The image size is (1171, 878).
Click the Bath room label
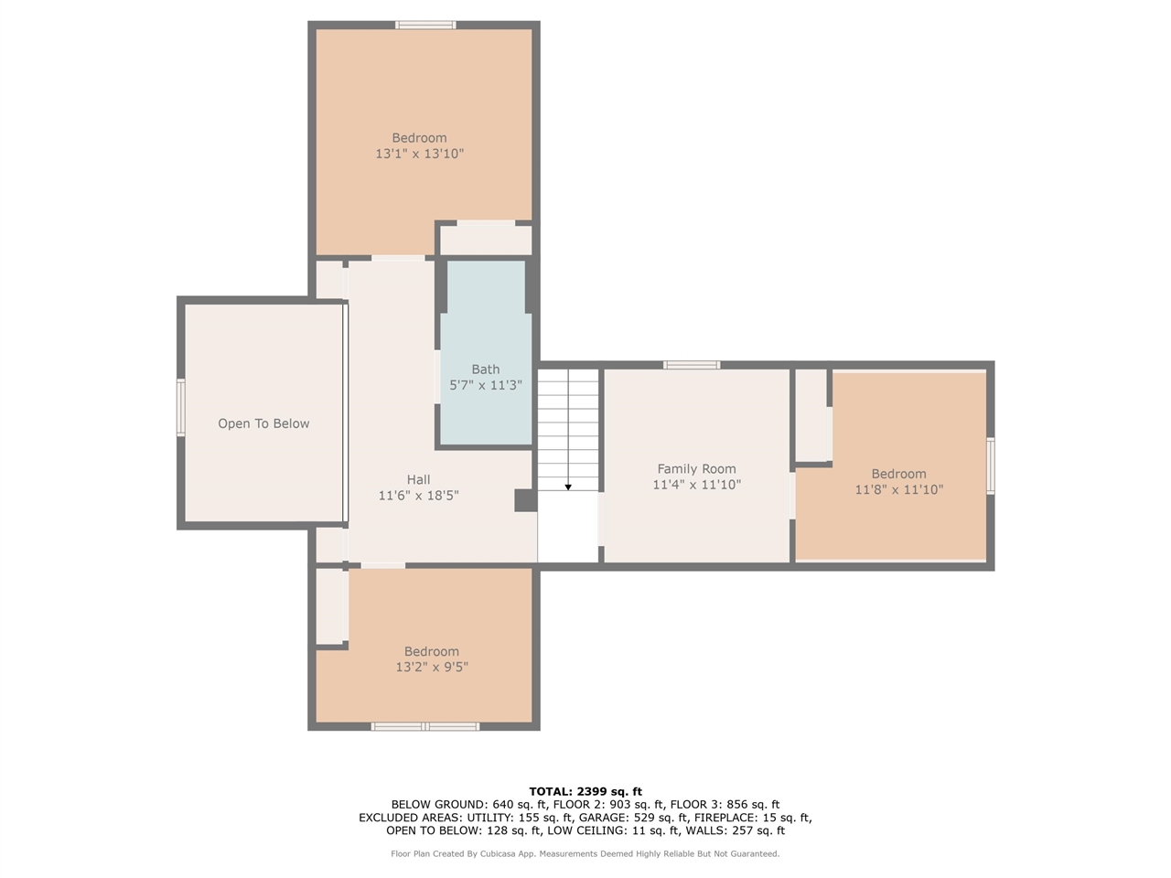pyautogui.click(x=485, y=369)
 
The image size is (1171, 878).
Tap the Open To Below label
pyautogui.click(x=263, y=423)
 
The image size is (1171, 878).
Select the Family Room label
pyautogui.click(x=696, y=468)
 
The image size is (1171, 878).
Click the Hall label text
pyautogui.click(x=418, y=479)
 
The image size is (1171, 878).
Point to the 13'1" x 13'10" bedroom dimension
pyautogui.click(x=419, y=154)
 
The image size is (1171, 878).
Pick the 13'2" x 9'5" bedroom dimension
pyautogui.click(x=432, y=667)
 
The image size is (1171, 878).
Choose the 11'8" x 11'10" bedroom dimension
pyautogui.click(x=899, y=489)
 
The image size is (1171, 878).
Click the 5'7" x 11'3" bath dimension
pyautogui.click(x=486, y=385)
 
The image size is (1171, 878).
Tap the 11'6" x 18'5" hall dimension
pyautogui.click(x=418, y=495)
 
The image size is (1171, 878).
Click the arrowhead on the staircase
pyautogui.click(x=568, y=487)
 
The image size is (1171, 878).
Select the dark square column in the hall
pyautogui.click(x=525, y=500)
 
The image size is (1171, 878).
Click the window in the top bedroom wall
pyautogui.click(x=425, y=25)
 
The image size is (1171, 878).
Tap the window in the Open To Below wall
pyautogui.click(x=181, y=407)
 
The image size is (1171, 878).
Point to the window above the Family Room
pyautogui.click(x=692, y=365)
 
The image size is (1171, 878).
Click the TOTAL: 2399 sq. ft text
pyautogui.click(x=585, y=792)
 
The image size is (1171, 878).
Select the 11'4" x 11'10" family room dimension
pyautogui.click(x=697, y=485)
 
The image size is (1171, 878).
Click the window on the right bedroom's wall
pyautogui.click(x=991, y=466)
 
